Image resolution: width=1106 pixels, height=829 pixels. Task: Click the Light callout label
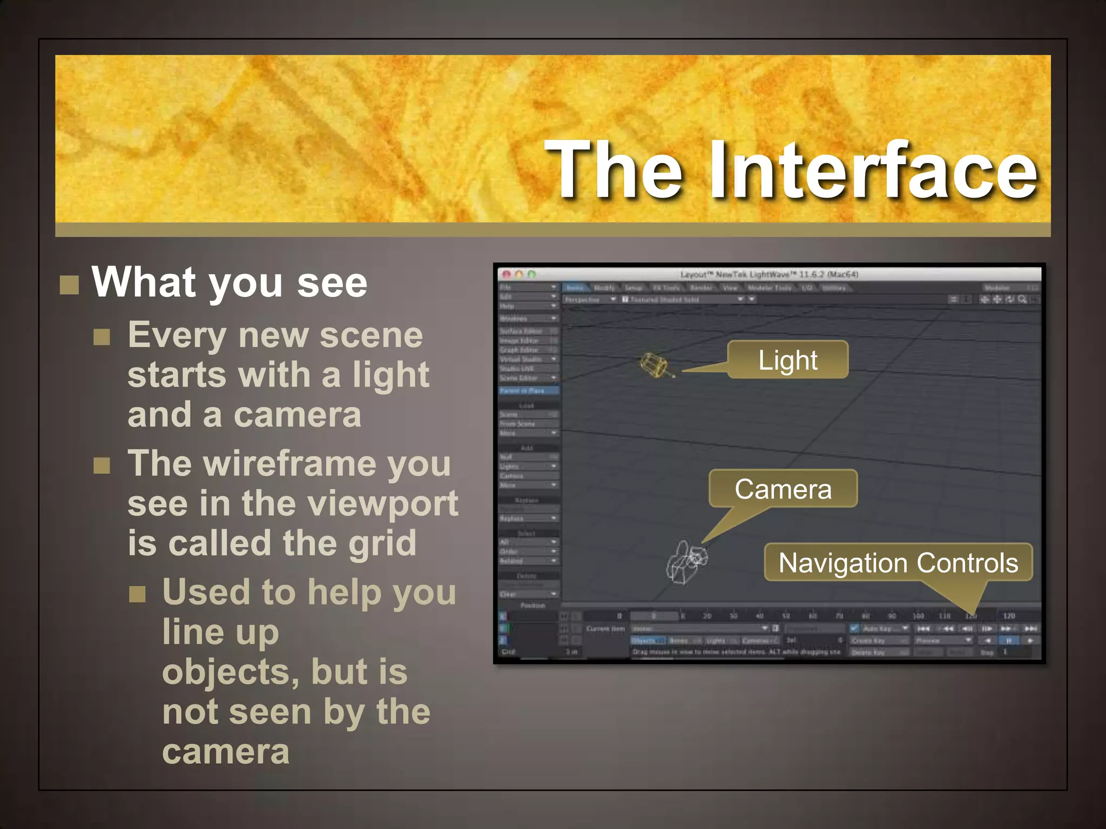[787, 360]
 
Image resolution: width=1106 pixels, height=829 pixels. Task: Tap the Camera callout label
[783, 489]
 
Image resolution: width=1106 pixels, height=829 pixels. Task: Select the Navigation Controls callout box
[898, 562]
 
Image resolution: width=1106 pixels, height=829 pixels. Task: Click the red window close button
[507, 274]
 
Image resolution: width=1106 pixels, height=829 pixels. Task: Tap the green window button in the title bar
[531, 274]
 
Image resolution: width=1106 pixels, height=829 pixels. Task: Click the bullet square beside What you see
[69, 284]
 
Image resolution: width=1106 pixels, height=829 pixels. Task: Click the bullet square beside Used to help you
[137, 594]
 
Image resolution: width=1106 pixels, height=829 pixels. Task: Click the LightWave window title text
[769, 274]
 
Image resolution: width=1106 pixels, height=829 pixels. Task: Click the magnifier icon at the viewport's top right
[1022, 299]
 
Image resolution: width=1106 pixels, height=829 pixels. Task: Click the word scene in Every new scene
[371, 335]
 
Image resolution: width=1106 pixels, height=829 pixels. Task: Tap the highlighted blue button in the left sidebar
[528, 390]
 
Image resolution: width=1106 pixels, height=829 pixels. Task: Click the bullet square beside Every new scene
[102, 337]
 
